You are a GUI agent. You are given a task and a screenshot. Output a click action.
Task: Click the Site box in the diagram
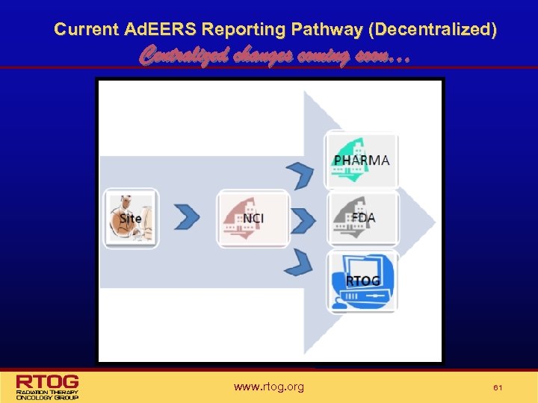coord(131,218)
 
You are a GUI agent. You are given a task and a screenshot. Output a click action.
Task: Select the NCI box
coord(253,219)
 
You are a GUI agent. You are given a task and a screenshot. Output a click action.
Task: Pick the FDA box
coord(362,218)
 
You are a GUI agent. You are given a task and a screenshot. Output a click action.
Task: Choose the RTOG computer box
coord(362,281)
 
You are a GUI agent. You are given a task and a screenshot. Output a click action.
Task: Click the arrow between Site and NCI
coord(187,217)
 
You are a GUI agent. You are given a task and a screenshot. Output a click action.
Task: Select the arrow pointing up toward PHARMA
coord(300,176)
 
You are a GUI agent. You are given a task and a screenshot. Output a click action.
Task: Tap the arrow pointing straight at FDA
coord(302,219)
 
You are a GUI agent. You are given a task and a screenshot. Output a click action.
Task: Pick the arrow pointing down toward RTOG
coord(300,261)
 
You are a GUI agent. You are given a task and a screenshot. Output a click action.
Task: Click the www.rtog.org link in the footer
coord(268,387)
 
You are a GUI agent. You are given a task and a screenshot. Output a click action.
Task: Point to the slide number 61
coord(496,387)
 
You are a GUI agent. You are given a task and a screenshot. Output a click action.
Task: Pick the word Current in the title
coord(86,30)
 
